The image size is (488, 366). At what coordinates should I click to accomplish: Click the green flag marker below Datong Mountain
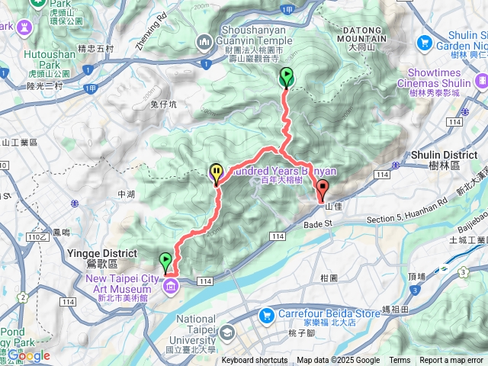[x=287, y=77]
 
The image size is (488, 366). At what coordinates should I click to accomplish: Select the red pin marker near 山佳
[x=322, y=190]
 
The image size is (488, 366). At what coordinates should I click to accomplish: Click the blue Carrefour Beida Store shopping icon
[x=266, y=313]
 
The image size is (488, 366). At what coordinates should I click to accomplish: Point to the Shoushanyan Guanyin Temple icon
[x=203, y=41]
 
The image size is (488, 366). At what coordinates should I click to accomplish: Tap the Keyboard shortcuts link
[x=256, y=361]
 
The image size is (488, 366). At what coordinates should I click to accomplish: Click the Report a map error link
[x=451, y=361]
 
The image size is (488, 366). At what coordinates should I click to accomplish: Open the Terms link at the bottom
[x=399, y=361]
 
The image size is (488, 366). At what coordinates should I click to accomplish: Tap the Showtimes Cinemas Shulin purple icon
[x=481, y=80]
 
